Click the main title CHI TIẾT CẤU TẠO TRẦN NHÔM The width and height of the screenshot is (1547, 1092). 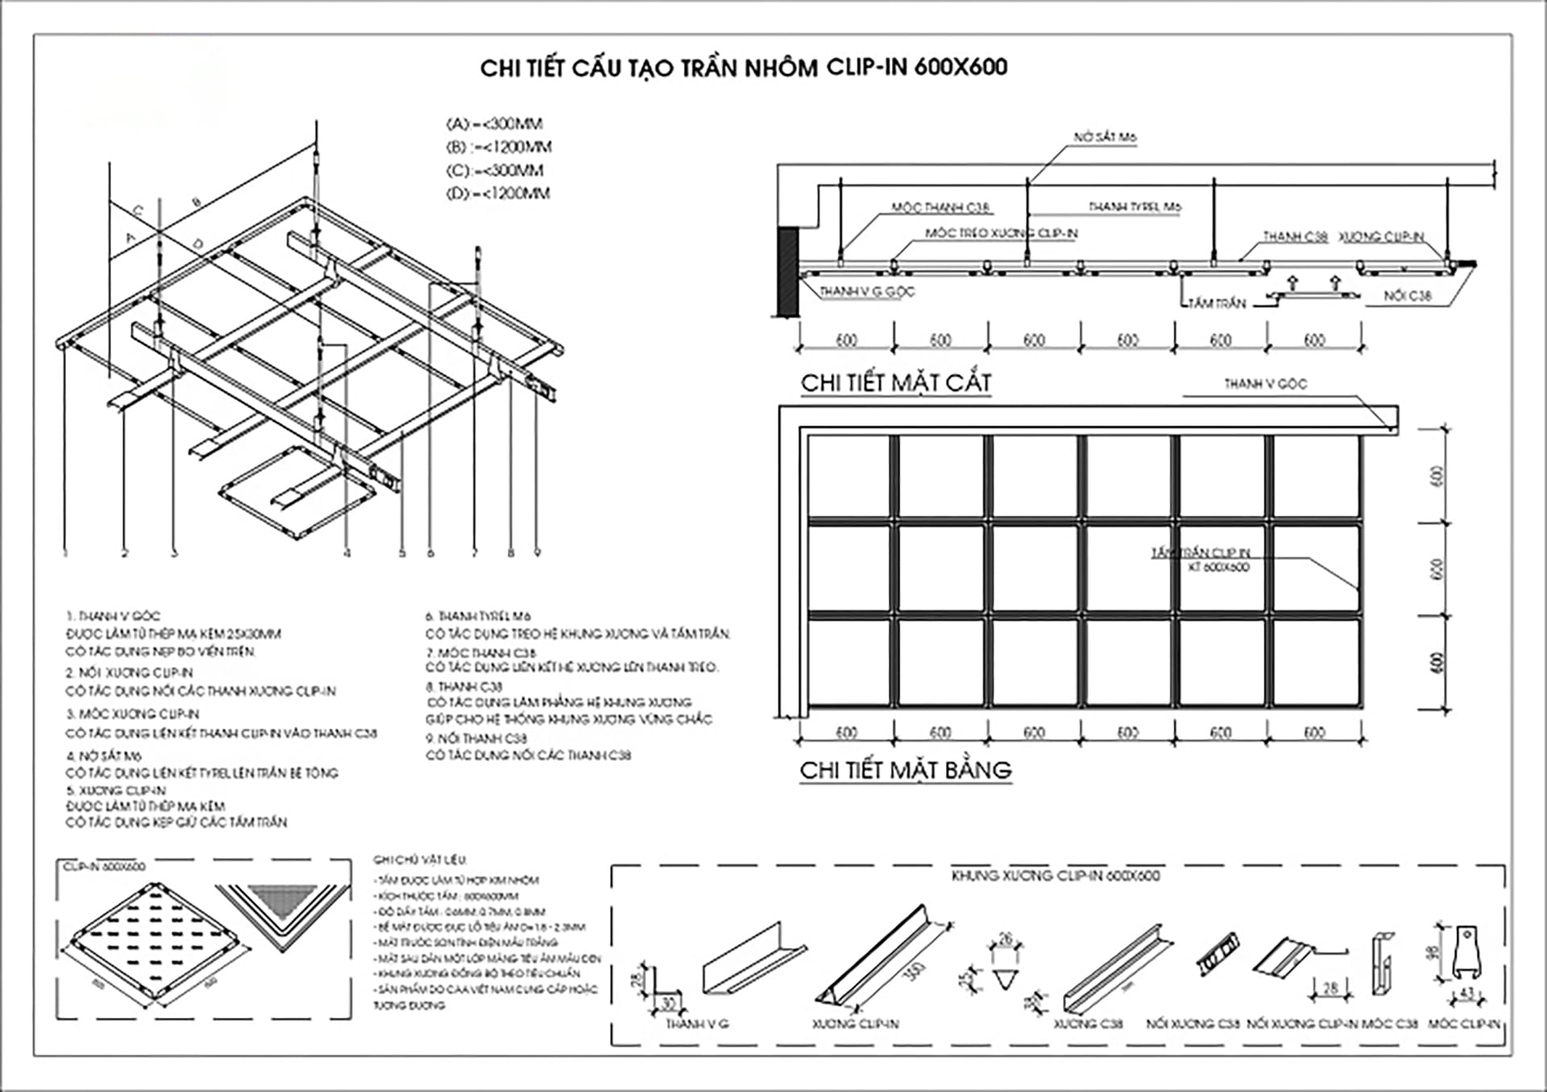click(743, 68)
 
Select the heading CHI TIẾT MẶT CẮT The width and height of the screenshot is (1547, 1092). click(895, 383)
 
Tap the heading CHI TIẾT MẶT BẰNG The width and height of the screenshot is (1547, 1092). click(905, 770)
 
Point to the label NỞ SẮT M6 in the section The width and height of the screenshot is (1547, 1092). click(1105, 138)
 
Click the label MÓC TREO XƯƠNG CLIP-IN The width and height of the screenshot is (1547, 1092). click(1001, 234)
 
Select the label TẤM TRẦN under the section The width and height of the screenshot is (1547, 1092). click(1217, 304)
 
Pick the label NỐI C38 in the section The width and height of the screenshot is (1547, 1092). click(1407, 296)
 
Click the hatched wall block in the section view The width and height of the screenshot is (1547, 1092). click(786, 272)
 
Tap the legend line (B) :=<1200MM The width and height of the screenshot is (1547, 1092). click(499, 147)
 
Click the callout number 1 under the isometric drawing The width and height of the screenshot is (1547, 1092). click(65, 553)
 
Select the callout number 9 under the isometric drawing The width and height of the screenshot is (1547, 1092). click(537, 553)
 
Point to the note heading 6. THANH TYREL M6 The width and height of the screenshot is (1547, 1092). click(478, 617)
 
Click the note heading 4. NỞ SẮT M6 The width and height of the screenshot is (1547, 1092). click(104, 756)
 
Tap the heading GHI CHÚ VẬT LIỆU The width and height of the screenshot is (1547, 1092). click(420, 860)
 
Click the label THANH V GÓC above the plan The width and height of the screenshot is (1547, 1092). click(1265, 384)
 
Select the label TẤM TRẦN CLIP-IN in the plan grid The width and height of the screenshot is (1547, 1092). click(1201, 553)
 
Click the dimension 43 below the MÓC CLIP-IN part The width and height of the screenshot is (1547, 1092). click(1466, 994)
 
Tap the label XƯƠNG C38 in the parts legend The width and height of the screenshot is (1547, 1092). click(1088, 1024)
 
